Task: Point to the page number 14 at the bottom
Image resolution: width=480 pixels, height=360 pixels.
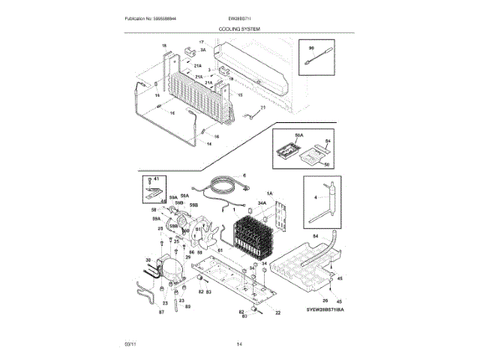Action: [x=239, y=343]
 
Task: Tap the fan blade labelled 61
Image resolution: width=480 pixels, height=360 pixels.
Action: [x=201, y=234]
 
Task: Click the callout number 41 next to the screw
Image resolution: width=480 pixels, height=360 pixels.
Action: [x=157, y=179]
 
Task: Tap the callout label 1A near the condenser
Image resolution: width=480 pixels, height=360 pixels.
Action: [x=270, y=193]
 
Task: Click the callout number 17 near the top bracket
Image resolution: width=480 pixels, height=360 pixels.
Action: [x=200, y=42]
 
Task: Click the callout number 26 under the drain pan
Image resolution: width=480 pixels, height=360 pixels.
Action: [x=324, y=300]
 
